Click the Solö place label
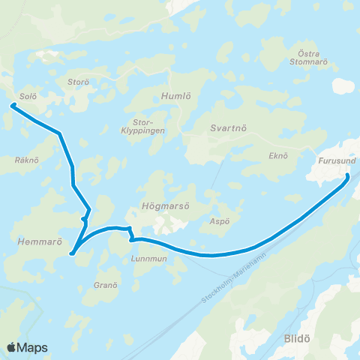[28, 97]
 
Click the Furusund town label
[333, 160]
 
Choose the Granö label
[106, 285]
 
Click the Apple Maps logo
[27, 347]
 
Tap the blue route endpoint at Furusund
[348, 175]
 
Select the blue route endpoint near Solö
[13, 106]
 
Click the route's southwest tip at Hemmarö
[72, 253]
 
